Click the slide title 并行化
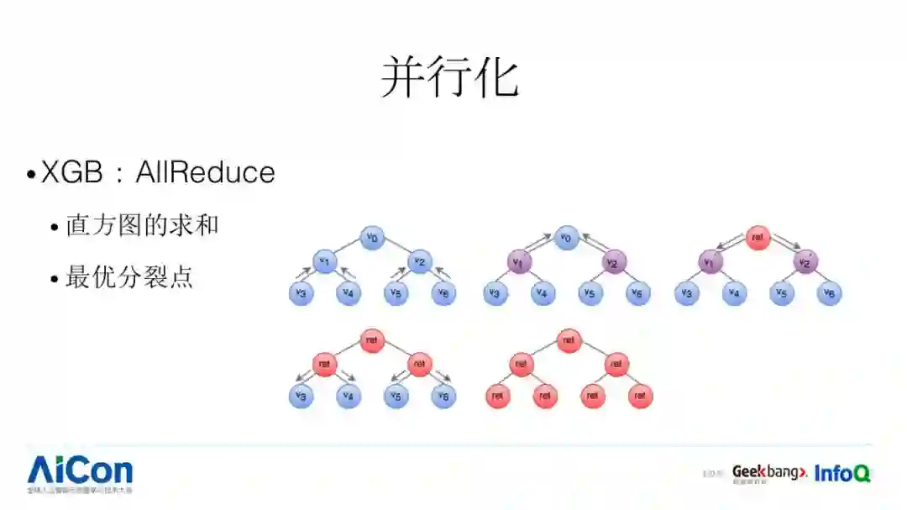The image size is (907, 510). pyautogui.click(x=450, y=78)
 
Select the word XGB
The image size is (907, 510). pyautogui.click(x=72, y=172)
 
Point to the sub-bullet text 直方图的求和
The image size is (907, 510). pyautogui.click(x=142, y=225)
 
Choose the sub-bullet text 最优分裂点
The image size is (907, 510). pyautogui.click(x=129, y=277)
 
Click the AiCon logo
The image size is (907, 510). pyautogui.click(x=80, y=470)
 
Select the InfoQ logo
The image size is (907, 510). pyautogui.click(x=842, y=473)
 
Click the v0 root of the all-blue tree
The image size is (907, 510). pyautogui.click(x=372, y=238)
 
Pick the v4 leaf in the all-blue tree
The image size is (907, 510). pyautogui.click(x=349, y=293)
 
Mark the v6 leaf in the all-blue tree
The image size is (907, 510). pyautogui.click(x=444, y=293)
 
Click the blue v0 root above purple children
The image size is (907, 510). pyautogui.click(x=568, y=238)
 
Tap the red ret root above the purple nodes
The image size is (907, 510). pyautogui.click(x=758, y=238)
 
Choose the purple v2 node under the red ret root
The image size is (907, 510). pyautogui.click(x=805, y=262)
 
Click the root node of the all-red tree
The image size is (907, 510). pyautogui.click(x=569, y=340)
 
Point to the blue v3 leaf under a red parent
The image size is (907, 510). pyautogui.click(x=301, y=396)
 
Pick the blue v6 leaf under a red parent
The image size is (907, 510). pyautogui.click(x=444, y=396)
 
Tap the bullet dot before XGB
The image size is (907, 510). pyautogui.click(x=31, y=175)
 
